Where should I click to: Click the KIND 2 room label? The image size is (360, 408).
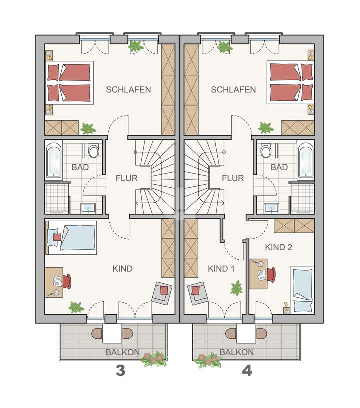tap(279, 247)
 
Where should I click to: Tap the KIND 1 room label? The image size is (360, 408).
tap(221, 269)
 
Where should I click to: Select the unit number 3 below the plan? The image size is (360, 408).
tap(120, 371)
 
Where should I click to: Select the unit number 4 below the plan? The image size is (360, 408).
tap(247, 371)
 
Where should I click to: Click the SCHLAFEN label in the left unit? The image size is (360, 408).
tap(128, 90)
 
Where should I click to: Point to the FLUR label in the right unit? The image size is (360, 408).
tap(233, 178)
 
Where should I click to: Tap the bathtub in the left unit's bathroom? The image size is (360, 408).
tap(53, 160)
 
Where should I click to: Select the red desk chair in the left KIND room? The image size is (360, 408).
tap(67, 282)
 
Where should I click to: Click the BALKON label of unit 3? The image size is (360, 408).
tap(122, 352)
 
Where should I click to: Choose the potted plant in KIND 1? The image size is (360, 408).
tap(236, 288)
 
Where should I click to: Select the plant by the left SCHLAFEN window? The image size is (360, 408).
tap(135, 46)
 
